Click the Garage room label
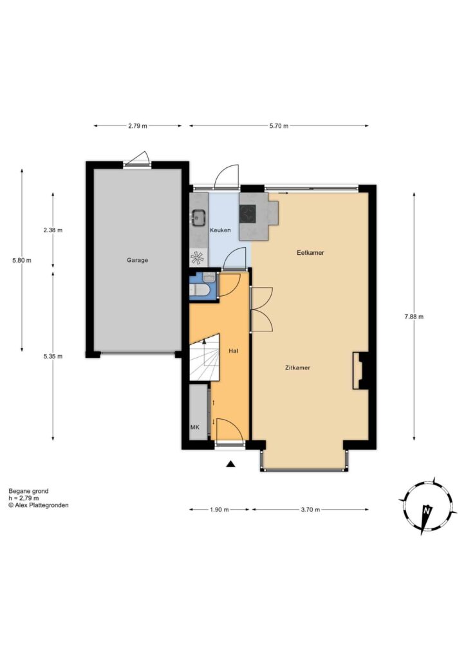pos(137,260)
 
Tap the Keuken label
pos(220,230)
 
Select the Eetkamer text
pos(310,252)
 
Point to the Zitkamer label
pos(297,367)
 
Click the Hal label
pos(233,351)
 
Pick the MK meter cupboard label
pos(194,427)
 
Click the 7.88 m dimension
pos(414,317)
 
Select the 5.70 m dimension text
pos(279,125)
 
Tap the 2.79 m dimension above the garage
pos(137,125)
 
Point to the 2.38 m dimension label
pos(53,230)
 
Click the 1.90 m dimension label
pos(219,510)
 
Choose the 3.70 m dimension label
pos(310,510)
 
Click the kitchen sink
pos(198,218)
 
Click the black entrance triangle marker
pos(230,464)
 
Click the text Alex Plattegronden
pos(42,505)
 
